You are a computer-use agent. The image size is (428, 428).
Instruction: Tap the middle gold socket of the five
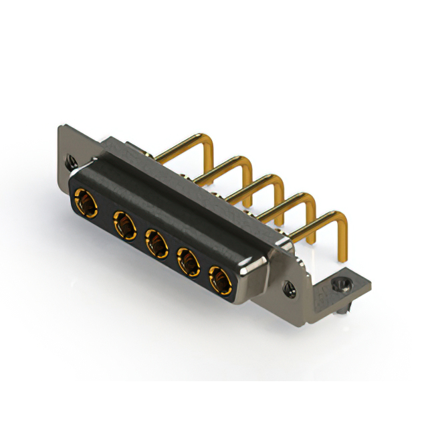click(156, 244)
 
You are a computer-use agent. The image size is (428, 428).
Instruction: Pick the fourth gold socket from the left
click(189, 262)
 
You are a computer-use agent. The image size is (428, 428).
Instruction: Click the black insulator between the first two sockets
click(106, 213)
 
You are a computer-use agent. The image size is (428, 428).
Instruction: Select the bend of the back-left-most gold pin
click(209, 141)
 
